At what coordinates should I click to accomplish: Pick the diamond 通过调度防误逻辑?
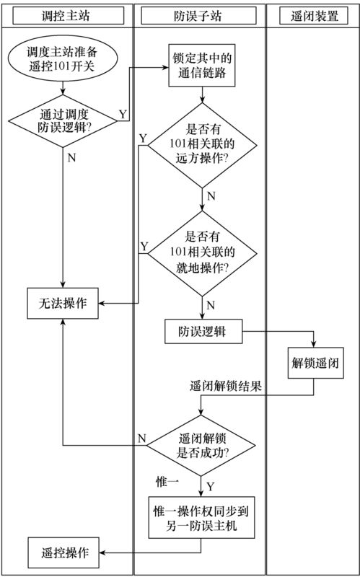click(65, 120)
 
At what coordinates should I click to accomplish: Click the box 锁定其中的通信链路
click(202, 67)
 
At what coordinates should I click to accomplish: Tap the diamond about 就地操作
click(202, 252)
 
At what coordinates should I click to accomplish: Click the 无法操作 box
click(63, 304)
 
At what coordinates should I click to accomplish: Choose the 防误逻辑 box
click(202, 332)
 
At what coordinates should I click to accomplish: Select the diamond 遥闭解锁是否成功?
click(203, 446)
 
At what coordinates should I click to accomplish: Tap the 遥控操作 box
click(63, 552)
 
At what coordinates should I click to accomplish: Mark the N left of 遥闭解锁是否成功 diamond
click(142, 438)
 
